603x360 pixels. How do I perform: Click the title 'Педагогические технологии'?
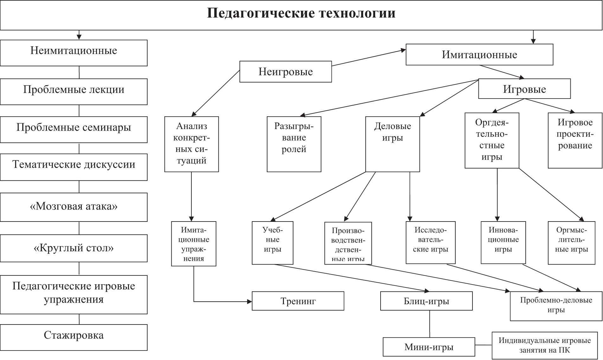point(301,13)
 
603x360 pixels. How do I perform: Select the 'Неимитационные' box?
point(74,53)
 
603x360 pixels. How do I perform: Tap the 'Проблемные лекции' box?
point(74,92)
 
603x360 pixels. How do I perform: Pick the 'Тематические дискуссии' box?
point(74,167)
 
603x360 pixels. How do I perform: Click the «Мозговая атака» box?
point(74,207)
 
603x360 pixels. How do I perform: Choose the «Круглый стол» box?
point(74,248)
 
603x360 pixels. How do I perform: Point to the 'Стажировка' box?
point(74,337)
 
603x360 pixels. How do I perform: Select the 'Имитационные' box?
point(479,55)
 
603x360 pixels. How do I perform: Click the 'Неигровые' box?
point(285,72)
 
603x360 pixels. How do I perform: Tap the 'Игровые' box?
point(524,89)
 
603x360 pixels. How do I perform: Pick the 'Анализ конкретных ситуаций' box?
point(191,144)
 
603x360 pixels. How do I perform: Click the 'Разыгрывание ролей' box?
point(294,144)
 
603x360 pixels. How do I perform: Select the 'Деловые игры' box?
point(393,144)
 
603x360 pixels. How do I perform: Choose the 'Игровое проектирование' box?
point(575,140)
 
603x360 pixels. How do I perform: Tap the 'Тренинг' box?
point(298,301)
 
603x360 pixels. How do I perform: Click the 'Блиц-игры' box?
point(427,301)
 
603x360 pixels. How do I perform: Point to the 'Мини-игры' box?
point(429,347)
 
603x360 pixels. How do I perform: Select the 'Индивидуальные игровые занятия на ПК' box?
point(545,345)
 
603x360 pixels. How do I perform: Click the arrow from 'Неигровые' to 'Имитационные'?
point(369,58)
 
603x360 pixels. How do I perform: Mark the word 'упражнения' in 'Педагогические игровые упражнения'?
point(74,300)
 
